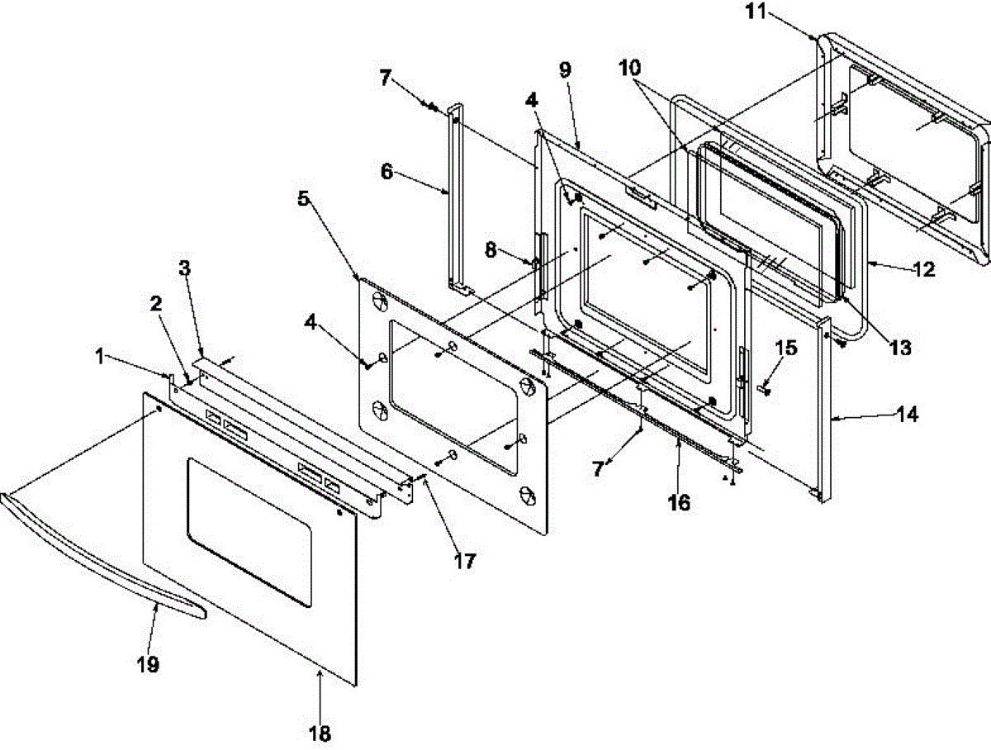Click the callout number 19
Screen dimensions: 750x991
tap(149, 664)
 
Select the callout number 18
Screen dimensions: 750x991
tap(320, 732)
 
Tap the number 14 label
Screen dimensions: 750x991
tap(907, 415)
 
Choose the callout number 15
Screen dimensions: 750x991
tap(786, 348)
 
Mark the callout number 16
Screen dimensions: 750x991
tap(679, 502)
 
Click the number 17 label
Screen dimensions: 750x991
tap(464, 562)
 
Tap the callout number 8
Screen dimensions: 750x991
tap(491, 249)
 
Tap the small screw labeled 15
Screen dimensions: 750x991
tap(763, 388)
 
